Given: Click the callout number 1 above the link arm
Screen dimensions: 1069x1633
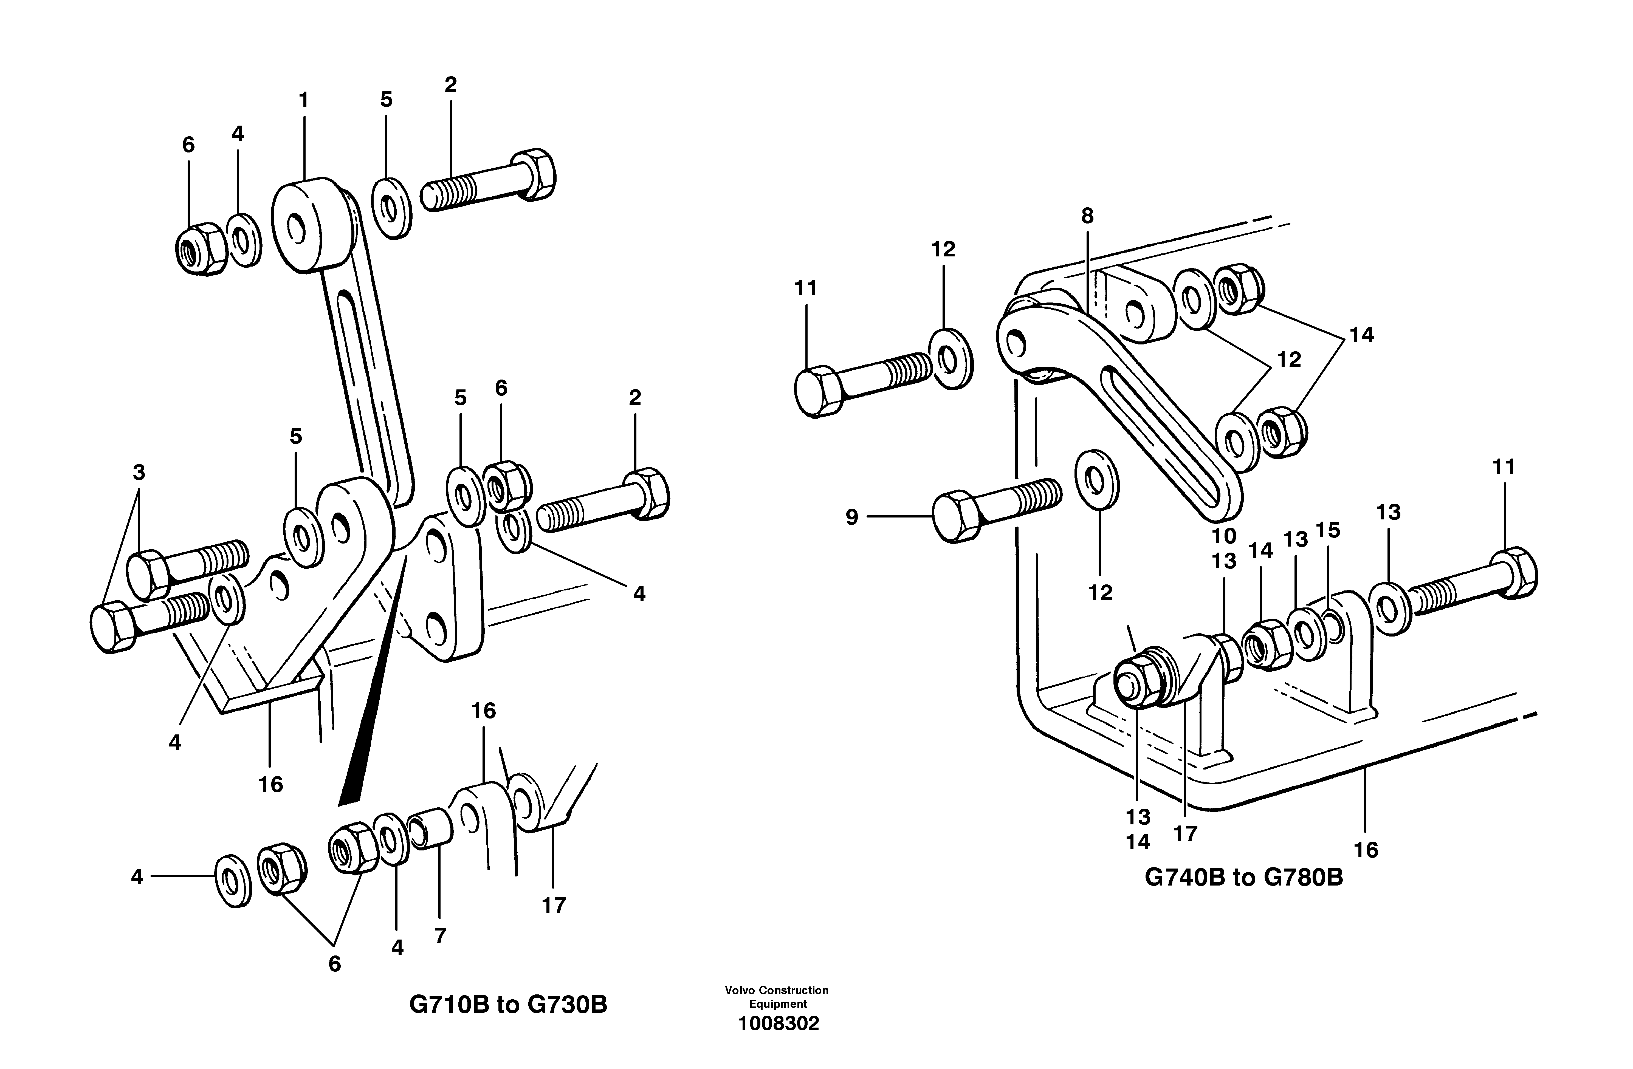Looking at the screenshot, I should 303,101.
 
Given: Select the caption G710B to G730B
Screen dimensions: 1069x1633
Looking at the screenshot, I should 508,1005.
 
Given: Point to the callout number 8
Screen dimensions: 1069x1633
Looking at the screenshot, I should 1087,216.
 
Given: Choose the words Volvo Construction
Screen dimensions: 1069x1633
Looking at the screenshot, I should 776,990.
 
